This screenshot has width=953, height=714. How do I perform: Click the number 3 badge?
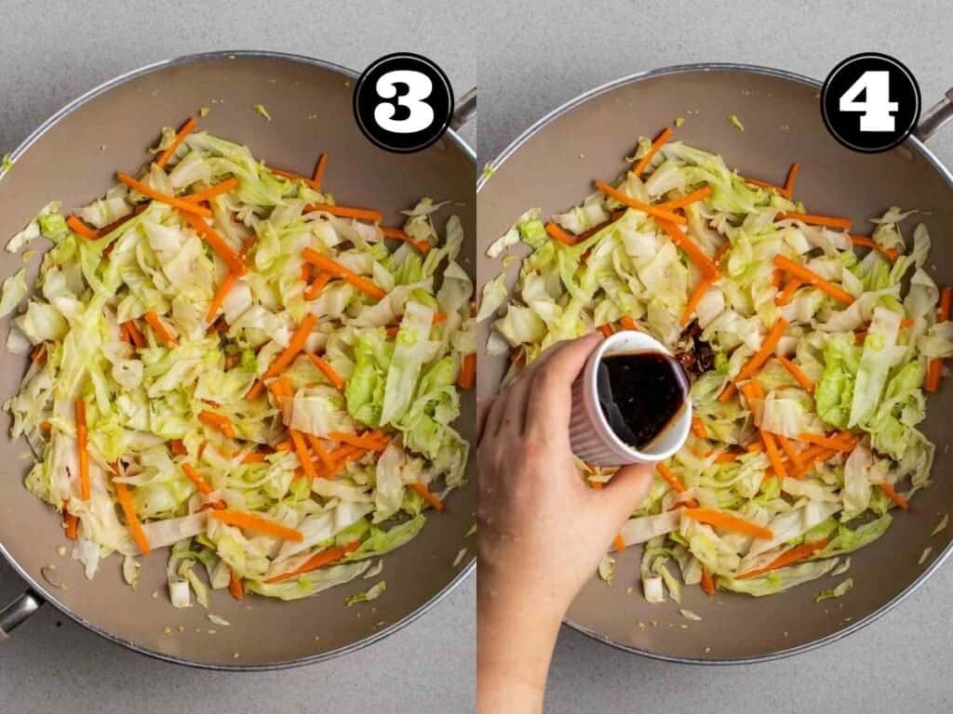click(x=403, y=102)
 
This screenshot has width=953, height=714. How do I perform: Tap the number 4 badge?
click(x=870, y=102)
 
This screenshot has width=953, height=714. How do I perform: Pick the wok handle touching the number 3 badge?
click(x=463, y=108)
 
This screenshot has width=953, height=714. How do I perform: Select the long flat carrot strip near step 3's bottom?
click(x=256, y=524)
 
